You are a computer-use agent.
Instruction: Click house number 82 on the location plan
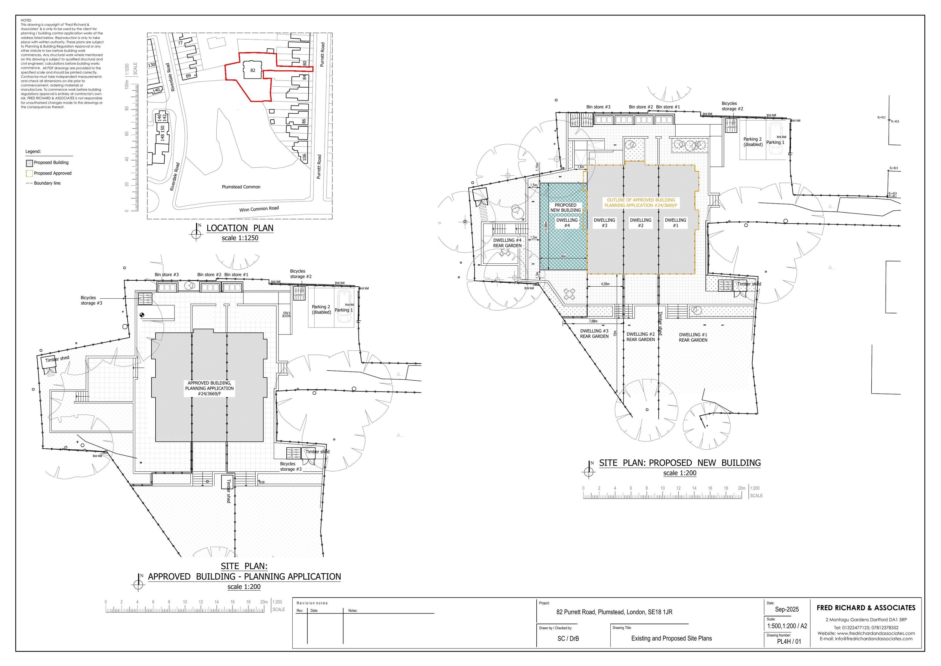[x=253, y=70]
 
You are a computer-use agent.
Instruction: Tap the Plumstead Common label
[x=241, y=187]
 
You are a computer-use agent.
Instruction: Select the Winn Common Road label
[x=259, y=209]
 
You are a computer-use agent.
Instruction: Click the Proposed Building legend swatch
[x=29, y=163]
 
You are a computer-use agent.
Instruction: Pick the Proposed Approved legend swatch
[x=29, y=173]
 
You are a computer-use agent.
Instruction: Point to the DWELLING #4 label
[x=567, y=223]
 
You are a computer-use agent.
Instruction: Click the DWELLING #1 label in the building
[x=675, y=223]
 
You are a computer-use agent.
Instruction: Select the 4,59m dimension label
[x=605, y=284]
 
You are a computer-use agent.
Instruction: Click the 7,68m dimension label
[x=593, y=321]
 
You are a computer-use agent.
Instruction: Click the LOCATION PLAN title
[x=240, y=228]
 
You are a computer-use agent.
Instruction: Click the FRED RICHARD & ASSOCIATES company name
[x=866, y=608]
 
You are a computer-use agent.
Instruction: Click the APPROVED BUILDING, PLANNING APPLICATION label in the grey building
[x=210, y=388]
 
